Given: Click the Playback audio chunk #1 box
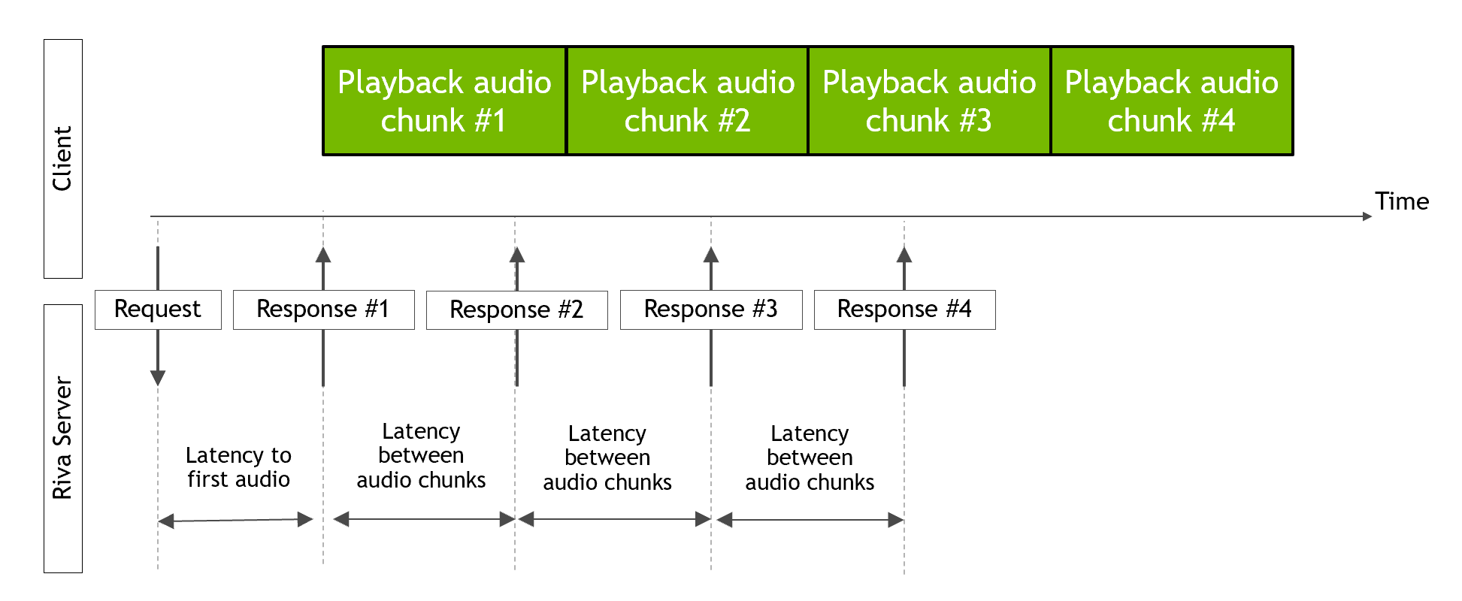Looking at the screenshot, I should coord(444,101).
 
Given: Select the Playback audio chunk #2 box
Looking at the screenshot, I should coord(687,101).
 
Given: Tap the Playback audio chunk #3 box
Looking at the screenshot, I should coord(929,101).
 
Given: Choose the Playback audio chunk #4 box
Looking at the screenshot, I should coord(1171,101).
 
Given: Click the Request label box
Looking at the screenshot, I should coord(158,310).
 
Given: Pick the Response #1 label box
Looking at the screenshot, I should coord(323,310).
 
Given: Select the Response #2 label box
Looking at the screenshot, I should coord(516,310).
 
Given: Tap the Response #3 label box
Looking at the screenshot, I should coord(710,310).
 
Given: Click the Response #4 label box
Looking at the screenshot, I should coord(904,310).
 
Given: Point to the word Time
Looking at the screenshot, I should coord(1401,201).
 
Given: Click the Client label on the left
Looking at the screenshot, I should coord(62,159).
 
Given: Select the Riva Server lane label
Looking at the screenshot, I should coord(62,438).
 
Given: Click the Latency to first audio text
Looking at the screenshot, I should coord(238,467).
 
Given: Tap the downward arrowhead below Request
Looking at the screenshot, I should coord(158,378).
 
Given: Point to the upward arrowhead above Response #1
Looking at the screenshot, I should coord(323,255).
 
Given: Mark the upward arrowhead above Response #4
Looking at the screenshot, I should coord(904,255).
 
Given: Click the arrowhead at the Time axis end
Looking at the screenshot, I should coord(1367,216).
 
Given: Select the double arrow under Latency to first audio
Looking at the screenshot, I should coord(235,520).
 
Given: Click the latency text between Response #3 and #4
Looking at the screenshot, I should coord(810,458).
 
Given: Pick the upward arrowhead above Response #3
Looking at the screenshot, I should coord(711,255).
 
